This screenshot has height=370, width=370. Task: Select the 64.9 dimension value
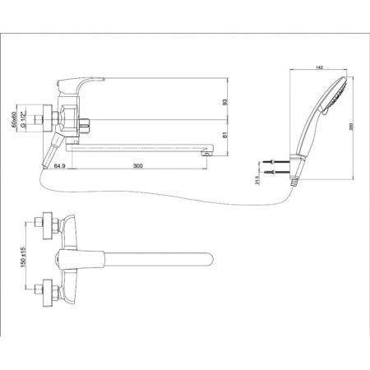pyautogui.click(x=59, y=166)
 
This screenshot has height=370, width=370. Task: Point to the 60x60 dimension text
pyautogui.click(x=25, y=123)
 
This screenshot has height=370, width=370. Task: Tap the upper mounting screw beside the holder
pyautogui.click(x=274, y=163)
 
